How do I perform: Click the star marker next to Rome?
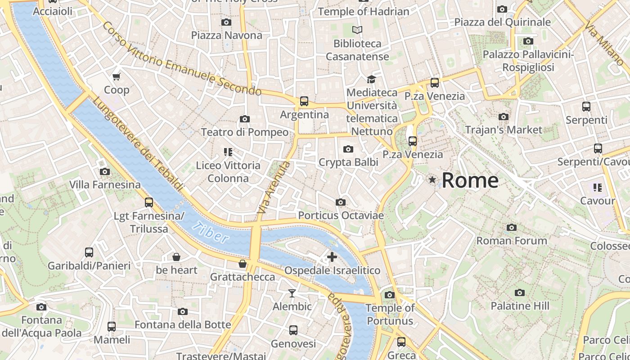tap(432, 180)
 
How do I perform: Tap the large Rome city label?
tap(470, 180)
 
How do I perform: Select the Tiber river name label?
tap(210, 232)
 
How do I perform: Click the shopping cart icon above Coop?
tap(117, 77)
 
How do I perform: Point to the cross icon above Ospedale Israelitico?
tap(332, 257)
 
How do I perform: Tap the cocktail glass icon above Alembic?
tap(292, 293)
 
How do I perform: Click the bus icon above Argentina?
tap(304, 101)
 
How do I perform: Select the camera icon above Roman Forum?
tap(512, 228)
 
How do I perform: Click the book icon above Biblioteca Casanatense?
tap(357, 30)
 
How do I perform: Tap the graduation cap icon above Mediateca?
tap(371, 80)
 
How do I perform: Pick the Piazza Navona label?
tap(226, 35)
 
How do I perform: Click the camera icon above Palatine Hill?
tap(520, 293)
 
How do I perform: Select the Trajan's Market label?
tap(504, 130)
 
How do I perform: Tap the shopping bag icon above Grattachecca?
tap(243, 264)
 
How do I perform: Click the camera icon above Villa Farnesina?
tap(105, 172)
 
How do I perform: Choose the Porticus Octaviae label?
tap(341, 216)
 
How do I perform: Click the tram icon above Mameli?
tap(111, 327)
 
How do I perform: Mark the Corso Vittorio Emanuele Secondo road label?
tap(181, 59)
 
